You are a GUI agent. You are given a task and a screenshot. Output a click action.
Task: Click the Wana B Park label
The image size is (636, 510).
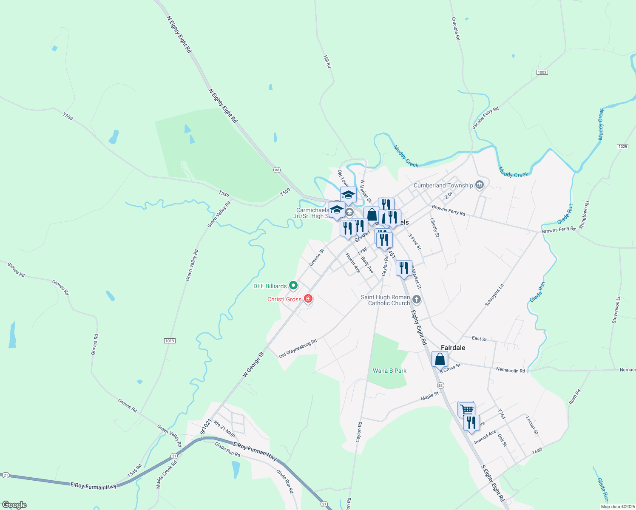click(x=389, y=371)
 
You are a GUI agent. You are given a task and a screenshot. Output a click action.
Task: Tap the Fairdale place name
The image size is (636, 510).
click(x=453, y=348)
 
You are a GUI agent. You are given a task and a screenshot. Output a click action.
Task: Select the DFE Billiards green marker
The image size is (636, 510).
click(x=292, y=286)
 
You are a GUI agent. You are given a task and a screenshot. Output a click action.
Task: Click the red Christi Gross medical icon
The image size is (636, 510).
click(x=308, y=299)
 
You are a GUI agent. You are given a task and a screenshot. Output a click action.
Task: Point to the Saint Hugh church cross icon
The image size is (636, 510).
click(x=417, y=300)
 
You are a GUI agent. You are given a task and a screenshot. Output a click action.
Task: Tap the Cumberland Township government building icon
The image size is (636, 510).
click(x=480, y=185)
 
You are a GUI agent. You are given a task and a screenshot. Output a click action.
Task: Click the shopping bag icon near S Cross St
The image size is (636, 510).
click(x=440, y=360)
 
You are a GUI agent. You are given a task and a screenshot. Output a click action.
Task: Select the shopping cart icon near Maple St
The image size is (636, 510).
click(x=466, y=410)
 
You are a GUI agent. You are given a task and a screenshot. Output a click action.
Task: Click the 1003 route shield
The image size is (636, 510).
click(x=542, y=72)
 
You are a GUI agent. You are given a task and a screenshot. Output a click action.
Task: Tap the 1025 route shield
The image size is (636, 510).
click(x=622, y=147)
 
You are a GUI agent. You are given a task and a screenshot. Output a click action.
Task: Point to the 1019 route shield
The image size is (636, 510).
click(x=169, y=341)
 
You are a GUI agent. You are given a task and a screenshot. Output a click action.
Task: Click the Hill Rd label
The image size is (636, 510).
click(x=327, y=62)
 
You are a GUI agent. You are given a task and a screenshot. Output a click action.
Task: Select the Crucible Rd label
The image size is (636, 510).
click(x=456, y=28)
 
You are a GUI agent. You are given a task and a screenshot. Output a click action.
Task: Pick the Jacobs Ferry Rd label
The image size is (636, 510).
click(x=485, y=118)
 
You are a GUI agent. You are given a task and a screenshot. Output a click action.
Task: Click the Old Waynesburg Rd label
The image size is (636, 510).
click(x=298, y=348)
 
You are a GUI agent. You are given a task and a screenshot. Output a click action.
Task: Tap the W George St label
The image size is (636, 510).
click(x=253, y=364)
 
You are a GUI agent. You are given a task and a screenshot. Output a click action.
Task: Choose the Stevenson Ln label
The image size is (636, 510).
click(x=616, y=309)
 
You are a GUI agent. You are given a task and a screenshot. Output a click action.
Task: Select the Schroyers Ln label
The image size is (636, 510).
click(x=494, y=295)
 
